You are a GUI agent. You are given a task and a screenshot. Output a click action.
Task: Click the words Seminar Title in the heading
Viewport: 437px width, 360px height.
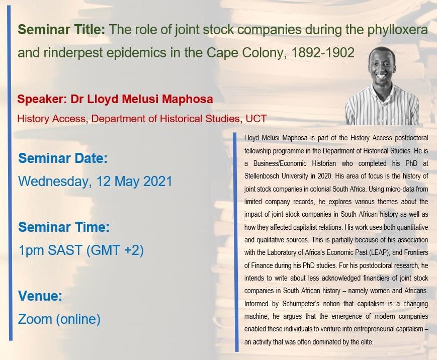tap(61, 30)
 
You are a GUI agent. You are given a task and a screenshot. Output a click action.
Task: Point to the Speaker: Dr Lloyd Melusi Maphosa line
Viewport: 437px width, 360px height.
tap(115, 99)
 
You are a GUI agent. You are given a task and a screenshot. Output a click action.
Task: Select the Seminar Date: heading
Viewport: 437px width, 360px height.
tap(63, 159)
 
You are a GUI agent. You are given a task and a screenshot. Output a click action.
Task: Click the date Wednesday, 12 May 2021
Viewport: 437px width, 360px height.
tap(95, 181)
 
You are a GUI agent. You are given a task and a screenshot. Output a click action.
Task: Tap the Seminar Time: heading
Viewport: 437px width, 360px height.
tap(64, 227)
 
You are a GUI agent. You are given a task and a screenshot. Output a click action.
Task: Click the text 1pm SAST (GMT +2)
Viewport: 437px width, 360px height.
tap(81, 249)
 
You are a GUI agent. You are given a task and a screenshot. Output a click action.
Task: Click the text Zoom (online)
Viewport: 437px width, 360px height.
tap(59, 318)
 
